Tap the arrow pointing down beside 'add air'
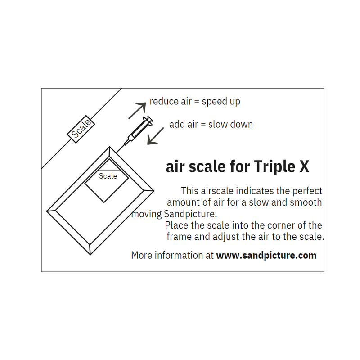click(x=156, y=136)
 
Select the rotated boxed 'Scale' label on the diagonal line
click(x=81, y=129)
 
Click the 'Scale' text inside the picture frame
click(x=108, y=176)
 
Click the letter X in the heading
click(x=304, y=167)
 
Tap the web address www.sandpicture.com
click(x=266, y=256)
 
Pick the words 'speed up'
click(x=221, y=102)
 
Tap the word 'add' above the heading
click(x=177, y=124)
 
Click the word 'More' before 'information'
click(x=141, y=256)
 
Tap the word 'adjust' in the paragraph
click(x=229, y=236)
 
